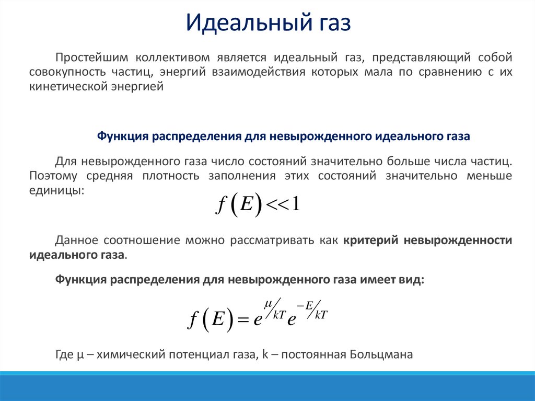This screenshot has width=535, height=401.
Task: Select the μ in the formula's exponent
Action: [x=267, y=303]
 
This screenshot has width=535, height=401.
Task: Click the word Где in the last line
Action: [x=64, y=354]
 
